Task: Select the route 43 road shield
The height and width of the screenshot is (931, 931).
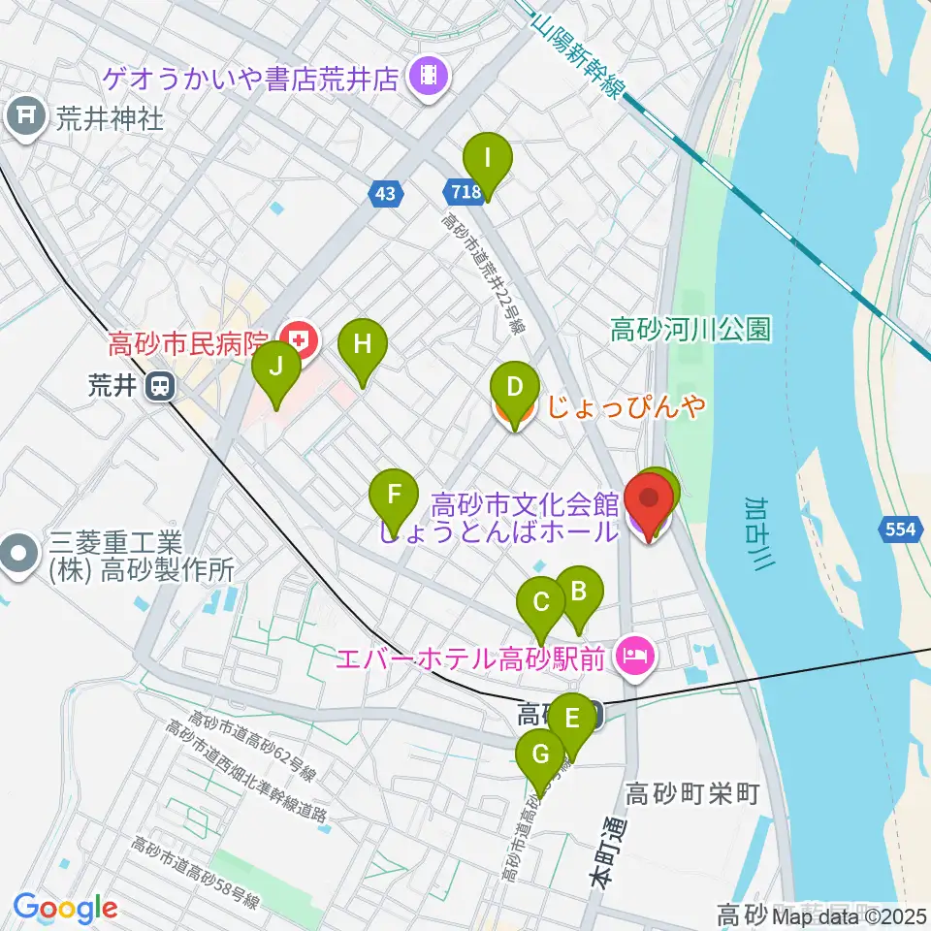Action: [386, 195]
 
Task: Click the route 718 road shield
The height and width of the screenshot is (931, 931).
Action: [466, 192]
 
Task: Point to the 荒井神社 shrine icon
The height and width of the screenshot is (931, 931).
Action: [22, 118]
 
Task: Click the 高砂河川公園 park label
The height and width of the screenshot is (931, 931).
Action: [690, 331]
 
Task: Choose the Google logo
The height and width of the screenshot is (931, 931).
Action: [65, 909]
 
